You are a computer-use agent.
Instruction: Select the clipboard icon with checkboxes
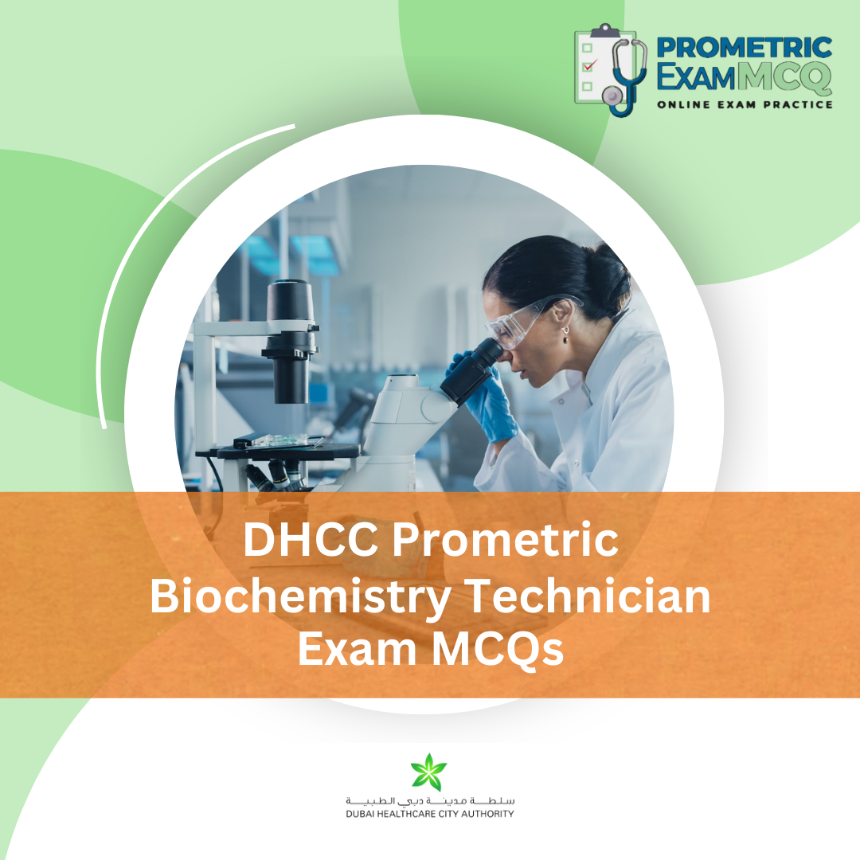click(593, 67)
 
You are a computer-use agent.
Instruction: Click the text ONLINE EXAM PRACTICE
click(745, 104)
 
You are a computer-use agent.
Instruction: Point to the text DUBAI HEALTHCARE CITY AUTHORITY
click(430, 814)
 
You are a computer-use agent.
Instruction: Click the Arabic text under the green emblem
click(430, 799)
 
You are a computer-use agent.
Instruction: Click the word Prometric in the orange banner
click(505, 541)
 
